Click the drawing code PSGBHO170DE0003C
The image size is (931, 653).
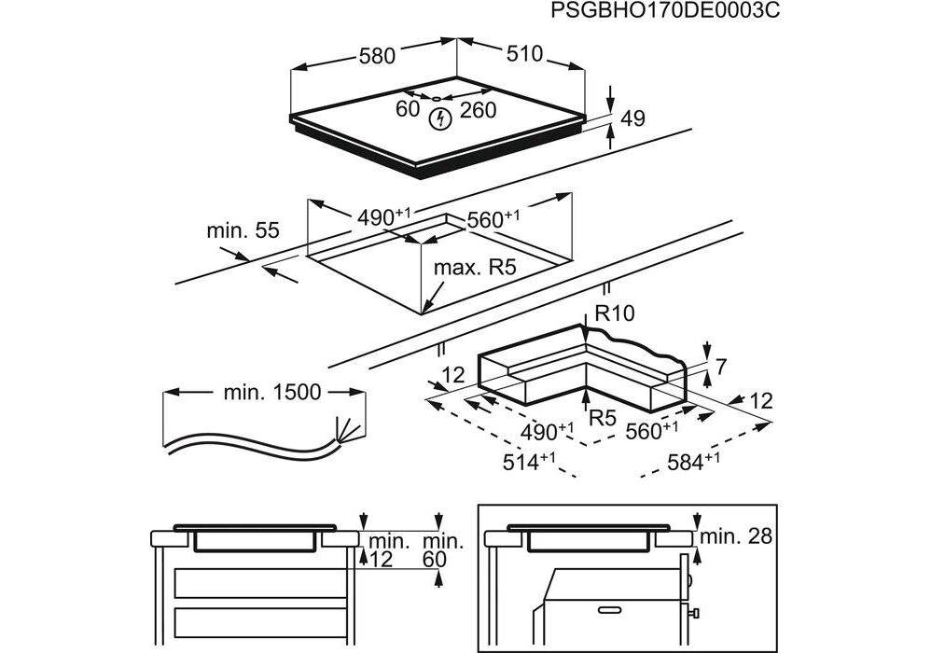click(664, 11)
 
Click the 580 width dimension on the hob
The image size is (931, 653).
click(377, 56)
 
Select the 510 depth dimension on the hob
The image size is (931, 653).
click(524, 54)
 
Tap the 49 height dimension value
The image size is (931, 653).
click(632, 118)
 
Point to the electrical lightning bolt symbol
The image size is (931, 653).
click(439, 118)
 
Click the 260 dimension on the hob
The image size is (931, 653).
click(478, 110)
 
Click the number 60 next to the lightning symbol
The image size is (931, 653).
click(408, 109)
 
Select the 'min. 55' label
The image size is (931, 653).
click(243, 230)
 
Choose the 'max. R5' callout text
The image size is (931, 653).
click(475, 269)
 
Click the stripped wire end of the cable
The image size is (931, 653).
click(345, 432)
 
